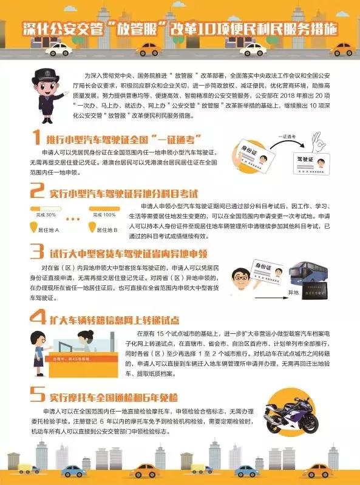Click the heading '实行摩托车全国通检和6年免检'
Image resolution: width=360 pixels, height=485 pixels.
[114, 398]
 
